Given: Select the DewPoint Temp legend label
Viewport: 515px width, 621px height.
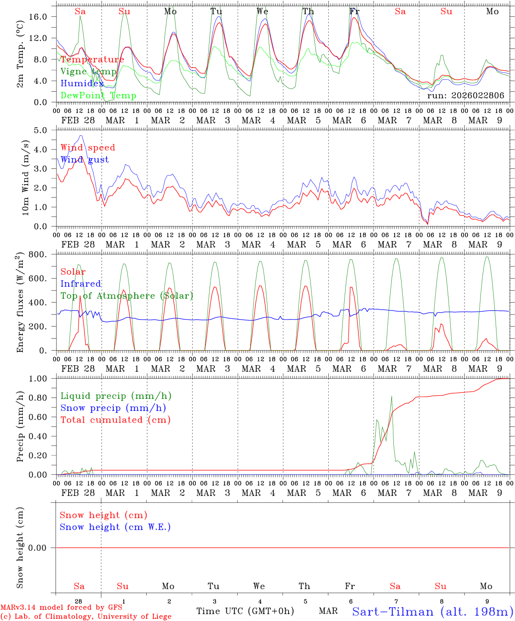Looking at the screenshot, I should point(98,96).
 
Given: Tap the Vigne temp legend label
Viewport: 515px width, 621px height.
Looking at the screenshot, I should point(88,72).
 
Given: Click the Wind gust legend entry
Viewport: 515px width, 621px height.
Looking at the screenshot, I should point(85,160).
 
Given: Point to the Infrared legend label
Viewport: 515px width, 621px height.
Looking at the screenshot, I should point(81,284).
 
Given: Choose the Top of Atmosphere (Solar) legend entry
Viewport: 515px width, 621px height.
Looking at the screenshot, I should point(127,296).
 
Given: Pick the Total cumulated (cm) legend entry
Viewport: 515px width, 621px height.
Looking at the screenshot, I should point(116,420).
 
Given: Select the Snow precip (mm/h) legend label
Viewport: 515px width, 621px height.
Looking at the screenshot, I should point(113,408).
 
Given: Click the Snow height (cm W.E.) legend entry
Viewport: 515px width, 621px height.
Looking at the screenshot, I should point(115,527).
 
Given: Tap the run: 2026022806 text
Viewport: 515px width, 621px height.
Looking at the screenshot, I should point(465,96).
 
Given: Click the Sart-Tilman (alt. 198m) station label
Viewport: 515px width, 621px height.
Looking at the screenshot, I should point(432,612).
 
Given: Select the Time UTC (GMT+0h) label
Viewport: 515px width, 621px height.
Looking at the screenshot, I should point(245,611).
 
